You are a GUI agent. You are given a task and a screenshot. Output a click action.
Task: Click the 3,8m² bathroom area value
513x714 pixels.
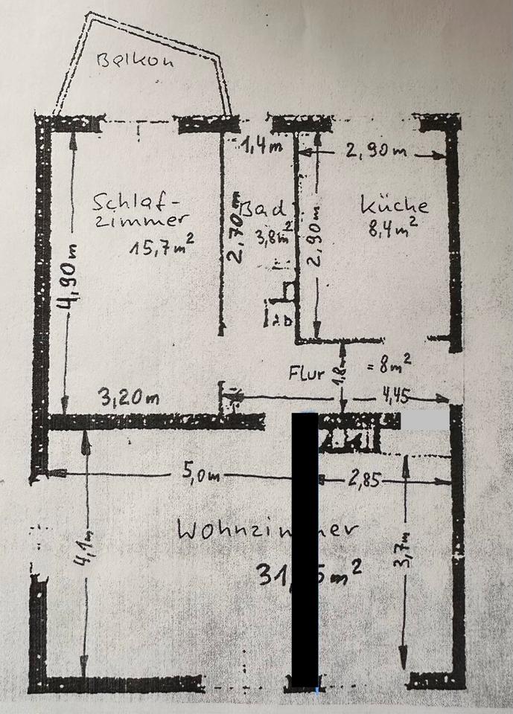click(x=273, y=238)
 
